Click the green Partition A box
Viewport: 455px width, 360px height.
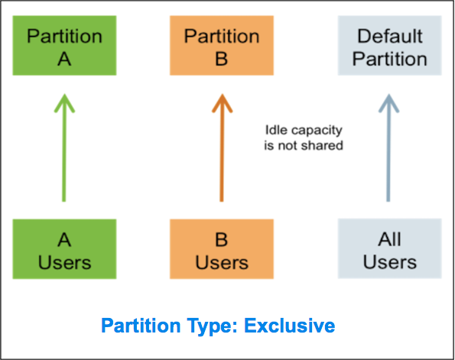coord(64,46)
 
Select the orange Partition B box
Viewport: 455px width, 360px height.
coord(222,46)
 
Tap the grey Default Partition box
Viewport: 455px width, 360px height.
coord(390,46)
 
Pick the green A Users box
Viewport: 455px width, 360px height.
coord(64,249)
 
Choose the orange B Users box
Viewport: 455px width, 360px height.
coord(222,249)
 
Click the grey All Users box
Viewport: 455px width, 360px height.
coord(390,248)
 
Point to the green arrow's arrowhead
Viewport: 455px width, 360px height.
coord(64,103)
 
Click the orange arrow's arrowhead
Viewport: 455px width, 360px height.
coord(222,103)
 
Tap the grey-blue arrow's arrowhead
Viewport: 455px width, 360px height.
coord(388,103)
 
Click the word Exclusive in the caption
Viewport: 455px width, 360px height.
coord(290,326)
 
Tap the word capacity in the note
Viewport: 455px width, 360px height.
coord(317,131)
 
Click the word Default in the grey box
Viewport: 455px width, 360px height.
coord(390,36)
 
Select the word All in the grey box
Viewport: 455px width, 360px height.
coord(390,239)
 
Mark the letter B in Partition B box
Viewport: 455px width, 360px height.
coord(222,59)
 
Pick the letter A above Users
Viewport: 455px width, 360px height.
coord(64,240)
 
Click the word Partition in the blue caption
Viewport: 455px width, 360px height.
coord(141,326)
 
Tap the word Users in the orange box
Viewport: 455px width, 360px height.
coord(222,262)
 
